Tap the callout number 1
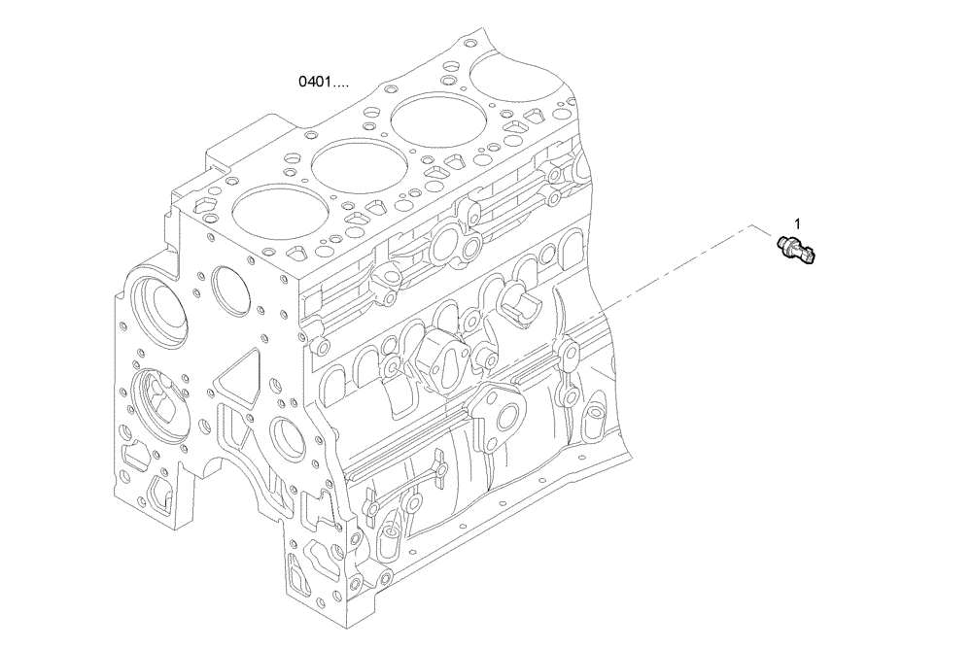tap(797, 222)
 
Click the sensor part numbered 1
tap(799, 247)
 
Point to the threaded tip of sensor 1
tap(783, 238)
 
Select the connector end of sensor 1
tap(814, 256)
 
